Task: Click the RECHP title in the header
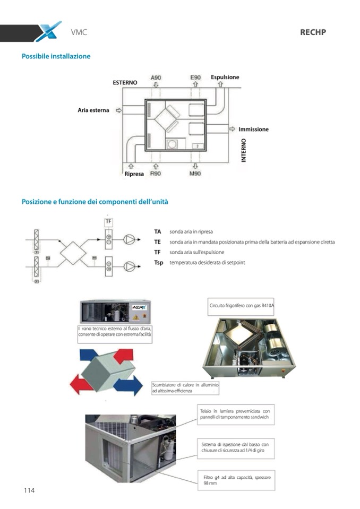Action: point(313,32)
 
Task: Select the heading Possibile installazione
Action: point(56,56)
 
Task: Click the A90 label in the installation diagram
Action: point(156,77)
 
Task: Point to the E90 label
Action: point(195,77)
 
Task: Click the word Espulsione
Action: point(225,77)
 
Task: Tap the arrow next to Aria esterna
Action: point(118,110)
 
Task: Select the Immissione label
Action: point(253,129)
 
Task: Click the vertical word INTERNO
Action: point(244,151)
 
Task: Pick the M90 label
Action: point(195,174)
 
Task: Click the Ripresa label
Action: point(134,174)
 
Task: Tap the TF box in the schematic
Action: point(108,221)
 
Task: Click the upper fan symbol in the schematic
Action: point(129,239)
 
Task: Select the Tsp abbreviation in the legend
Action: point(158,263)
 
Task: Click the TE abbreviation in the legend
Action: point(157,242)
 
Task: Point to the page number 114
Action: point(29,490)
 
